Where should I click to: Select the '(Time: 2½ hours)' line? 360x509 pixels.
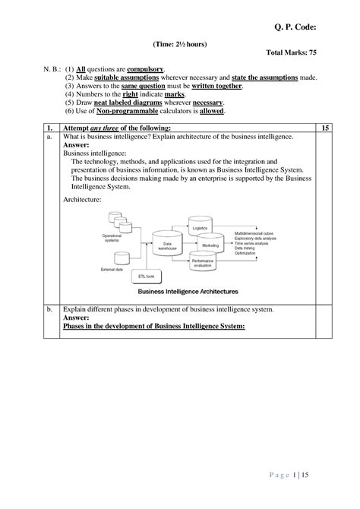coord(180,45)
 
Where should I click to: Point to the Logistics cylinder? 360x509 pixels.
coord(200,227)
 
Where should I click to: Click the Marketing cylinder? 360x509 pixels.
coord(210,245)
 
